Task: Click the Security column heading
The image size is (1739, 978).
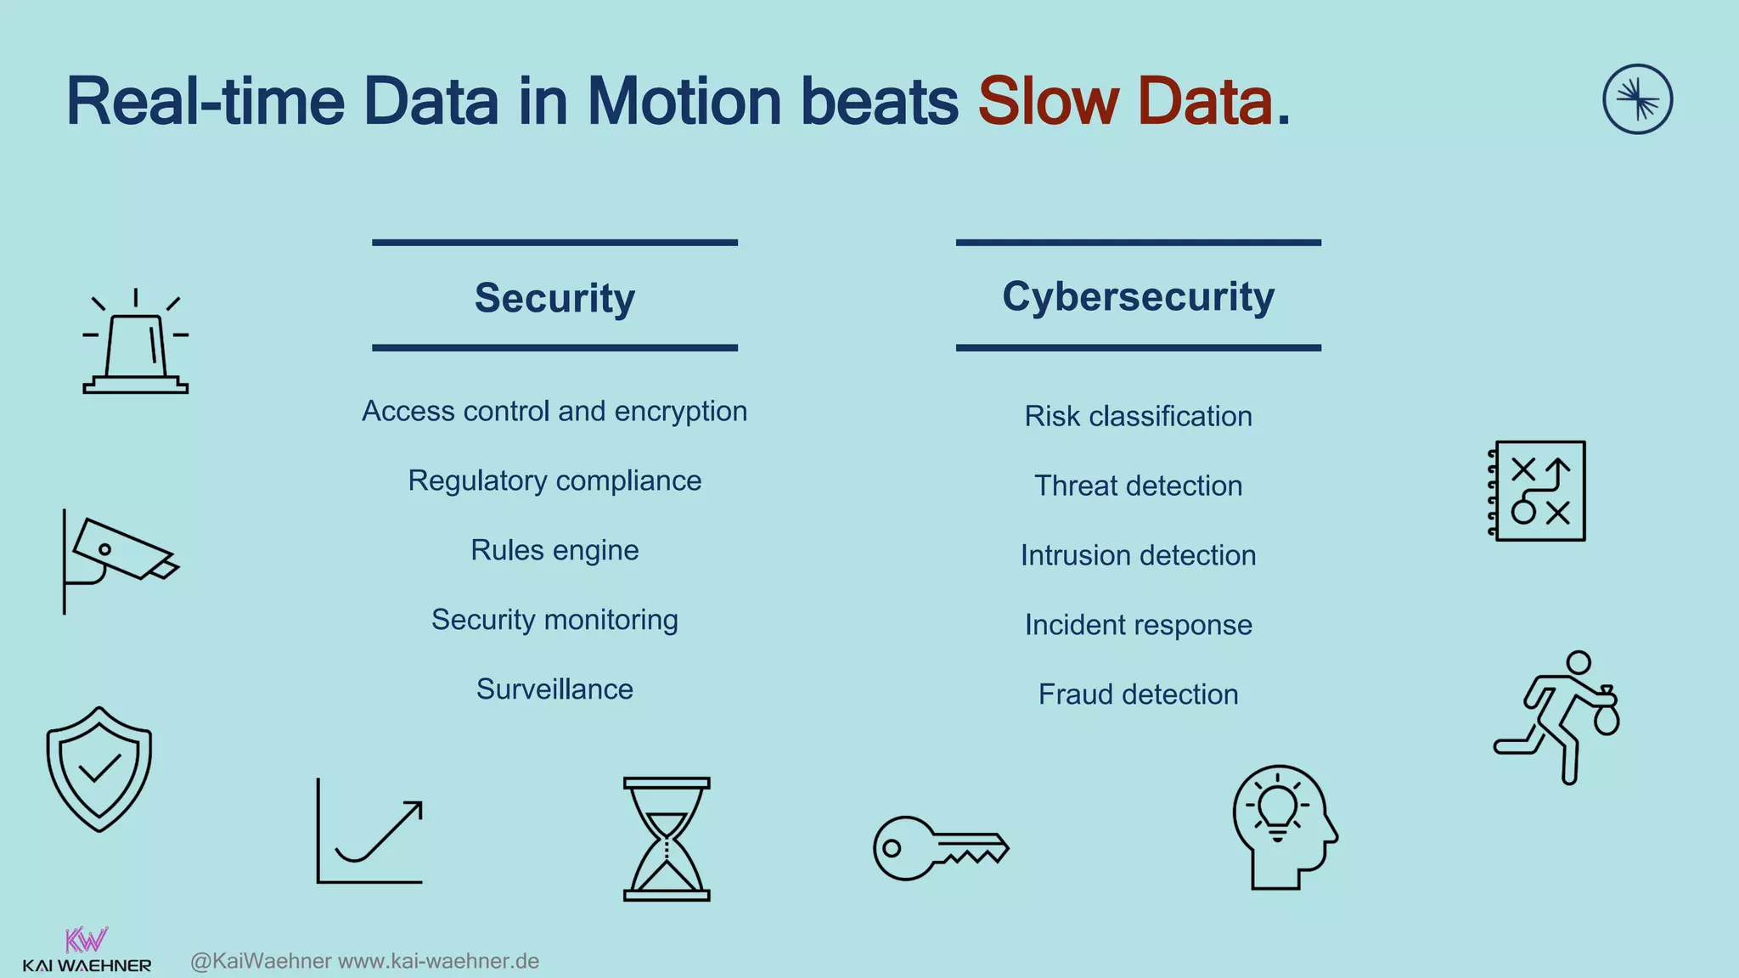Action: pos(554,298)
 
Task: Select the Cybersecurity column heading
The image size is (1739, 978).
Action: pos(1138,296)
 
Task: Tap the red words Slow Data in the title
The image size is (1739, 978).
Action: pos(1126,102)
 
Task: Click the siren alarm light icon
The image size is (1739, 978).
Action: pos(136,345)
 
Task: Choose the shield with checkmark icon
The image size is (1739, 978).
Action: pos(99,768)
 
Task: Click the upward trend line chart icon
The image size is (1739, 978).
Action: pos(370,832)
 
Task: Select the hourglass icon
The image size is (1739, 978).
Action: pos(667,839)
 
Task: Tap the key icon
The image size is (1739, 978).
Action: pos(940,847)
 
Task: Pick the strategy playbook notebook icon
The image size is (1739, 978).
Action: pos(1538,491)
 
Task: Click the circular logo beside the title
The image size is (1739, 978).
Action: pos(1637,99)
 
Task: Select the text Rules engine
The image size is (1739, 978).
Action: pos(554,550)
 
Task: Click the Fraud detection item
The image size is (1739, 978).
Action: pos(1138,694)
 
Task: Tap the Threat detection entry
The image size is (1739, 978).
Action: pos(1138,486)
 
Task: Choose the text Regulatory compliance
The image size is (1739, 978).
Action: pos(554,481)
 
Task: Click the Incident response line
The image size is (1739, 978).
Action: pos(1138,625)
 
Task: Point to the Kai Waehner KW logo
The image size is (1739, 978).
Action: pos(87,950)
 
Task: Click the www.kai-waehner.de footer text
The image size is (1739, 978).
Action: pos(439,961)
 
